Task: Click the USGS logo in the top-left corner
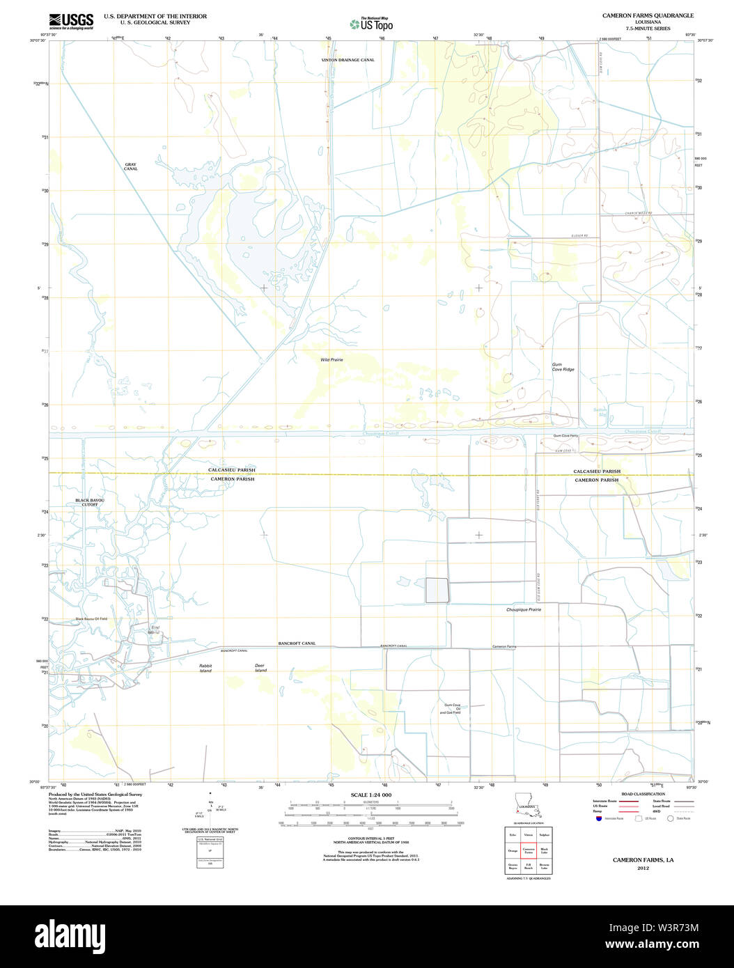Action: pyautogui.click(x=71, y=21)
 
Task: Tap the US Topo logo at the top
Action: pyautogui.click(x=372, y=24)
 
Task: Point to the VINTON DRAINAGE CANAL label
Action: pyautogui.click(x=348, y=60)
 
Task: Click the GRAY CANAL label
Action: pyautogui.click(x=130, y=167)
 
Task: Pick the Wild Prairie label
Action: pyautogui.click(x=331, y=359)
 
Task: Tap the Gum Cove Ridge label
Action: pyautogui.click(x=563, y=366)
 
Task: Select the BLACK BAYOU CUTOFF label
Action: pyautogui.click(x=91, y=502)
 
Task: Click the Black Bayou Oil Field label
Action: pyautogui.click(x=91, y=618)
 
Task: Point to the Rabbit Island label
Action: pyautogui.click(x=205, y=668)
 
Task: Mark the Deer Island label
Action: pyautogui.click(x=260, y=668)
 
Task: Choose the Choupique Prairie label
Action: pyautogui.click(x=524, y=609)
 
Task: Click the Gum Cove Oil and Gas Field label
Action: pyautogui.click(x=453, y=709)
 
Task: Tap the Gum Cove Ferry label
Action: pyautogui.click(x=565, y=435)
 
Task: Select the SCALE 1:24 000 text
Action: pyautogui.click(x=370, y=795)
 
